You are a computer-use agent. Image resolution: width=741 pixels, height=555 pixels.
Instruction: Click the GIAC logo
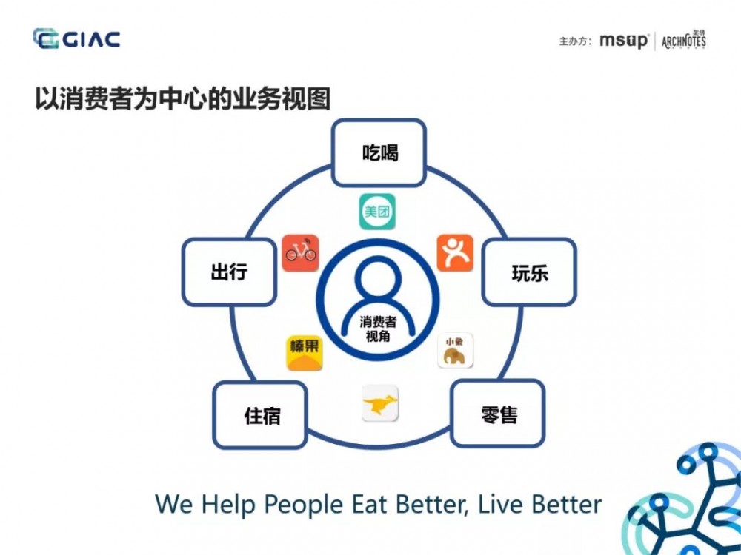(x=76, y=38)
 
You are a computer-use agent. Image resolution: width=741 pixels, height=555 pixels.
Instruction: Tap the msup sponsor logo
(x=623, y=41)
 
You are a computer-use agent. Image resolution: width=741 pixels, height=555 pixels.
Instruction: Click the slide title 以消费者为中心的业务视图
(x=182, y=98)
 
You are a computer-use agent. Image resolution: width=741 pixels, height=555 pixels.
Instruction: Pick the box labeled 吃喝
(x=379, y=153)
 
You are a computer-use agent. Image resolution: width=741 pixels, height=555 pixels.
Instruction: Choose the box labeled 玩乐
(x=529, y=272)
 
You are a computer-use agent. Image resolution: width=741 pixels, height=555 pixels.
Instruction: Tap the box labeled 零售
(x=498, y=414)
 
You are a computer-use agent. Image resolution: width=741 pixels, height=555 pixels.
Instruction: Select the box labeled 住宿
(x=260, y=415)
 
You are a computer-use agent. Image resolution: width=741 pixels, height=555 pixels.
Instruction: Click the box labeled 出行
(x=228, y=272)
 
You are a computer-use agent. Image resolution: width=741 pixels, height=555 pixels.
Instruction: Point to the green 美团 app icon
(x=376, y=212)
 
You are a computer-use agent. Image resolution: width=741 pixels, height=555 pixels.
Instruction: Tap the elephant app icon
(x=455, y=351)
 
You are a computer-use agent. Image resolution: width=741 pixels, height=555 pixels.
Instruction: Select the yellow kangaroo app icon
(x=380, y=404)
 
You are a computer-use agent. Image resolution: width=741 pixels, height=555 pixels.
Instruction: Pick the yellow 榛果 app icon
(x=305, y=352)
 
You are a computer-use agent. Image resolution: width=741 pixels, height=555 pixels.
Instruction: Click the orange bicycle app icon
(x=300, y=253)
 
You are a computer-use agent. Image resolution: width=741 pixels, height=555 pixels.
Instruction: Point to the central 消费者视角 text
(x=378, y=329)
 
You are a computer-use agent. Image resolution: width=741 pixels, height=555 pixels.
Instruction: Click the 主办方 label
(x=575, y=41)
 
